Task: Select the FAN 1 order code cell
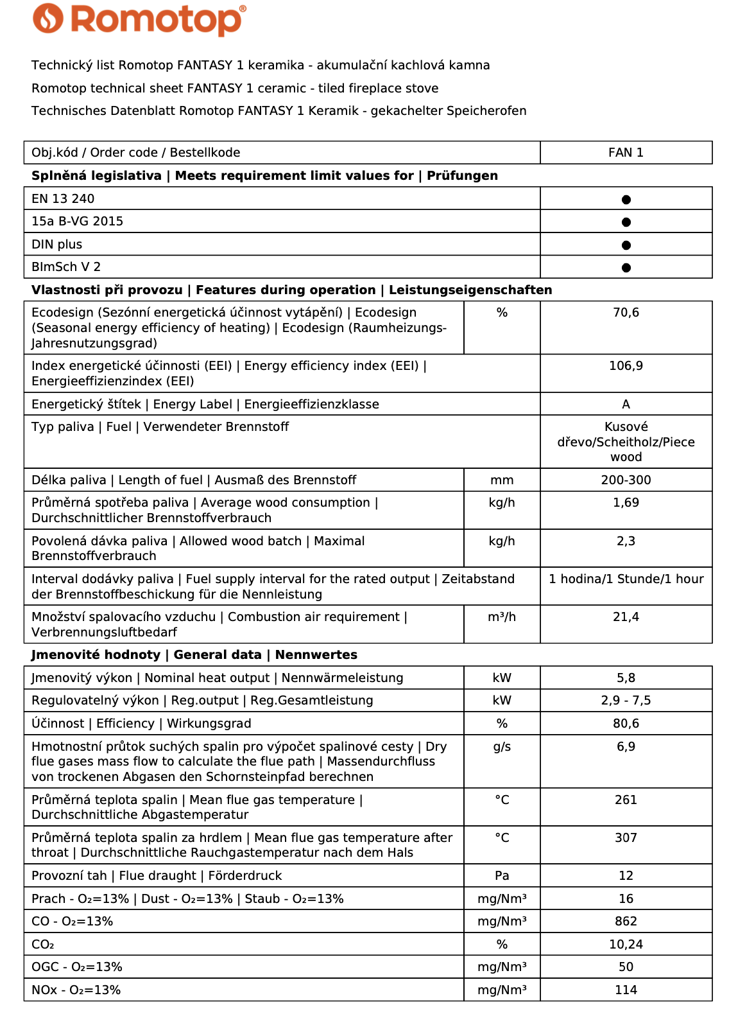click(x=626, y=153)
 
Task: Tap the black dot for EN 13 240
click(x=626, y=200)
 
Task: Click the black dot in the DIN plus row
click(x=626, y=245)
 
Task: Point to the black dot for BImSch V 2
click(x=626, y=268)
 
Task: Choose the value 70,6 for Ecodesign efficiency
click(x=626, y=313)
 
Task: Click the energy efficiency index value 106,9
click(x=626, y=366)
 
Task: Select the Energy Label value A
click(x=626, y=405)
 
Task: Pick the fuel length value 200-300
click(x=626, y=480)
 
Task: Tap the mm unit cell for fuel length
click(x=502, y=480)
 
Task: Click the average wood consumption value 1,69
click(x=626, y=503)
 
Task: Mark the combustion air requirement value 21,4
click(x=626, y=617)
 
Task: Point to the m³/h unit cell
click(x=502, y=617)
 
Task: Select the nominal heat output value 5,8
click(x=626, y=678)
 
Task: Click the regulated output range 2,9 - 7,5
click(x=626, y=701)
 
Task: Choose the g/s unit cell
click(x=502, y=747)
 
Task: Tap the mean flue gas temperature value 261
click(x=626, y=800)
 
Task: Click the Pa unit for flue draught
click(x=502, y=876)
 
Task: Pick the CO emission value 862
click(x=626, y=922)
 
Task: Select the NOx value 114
click(x=626, y=990)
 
